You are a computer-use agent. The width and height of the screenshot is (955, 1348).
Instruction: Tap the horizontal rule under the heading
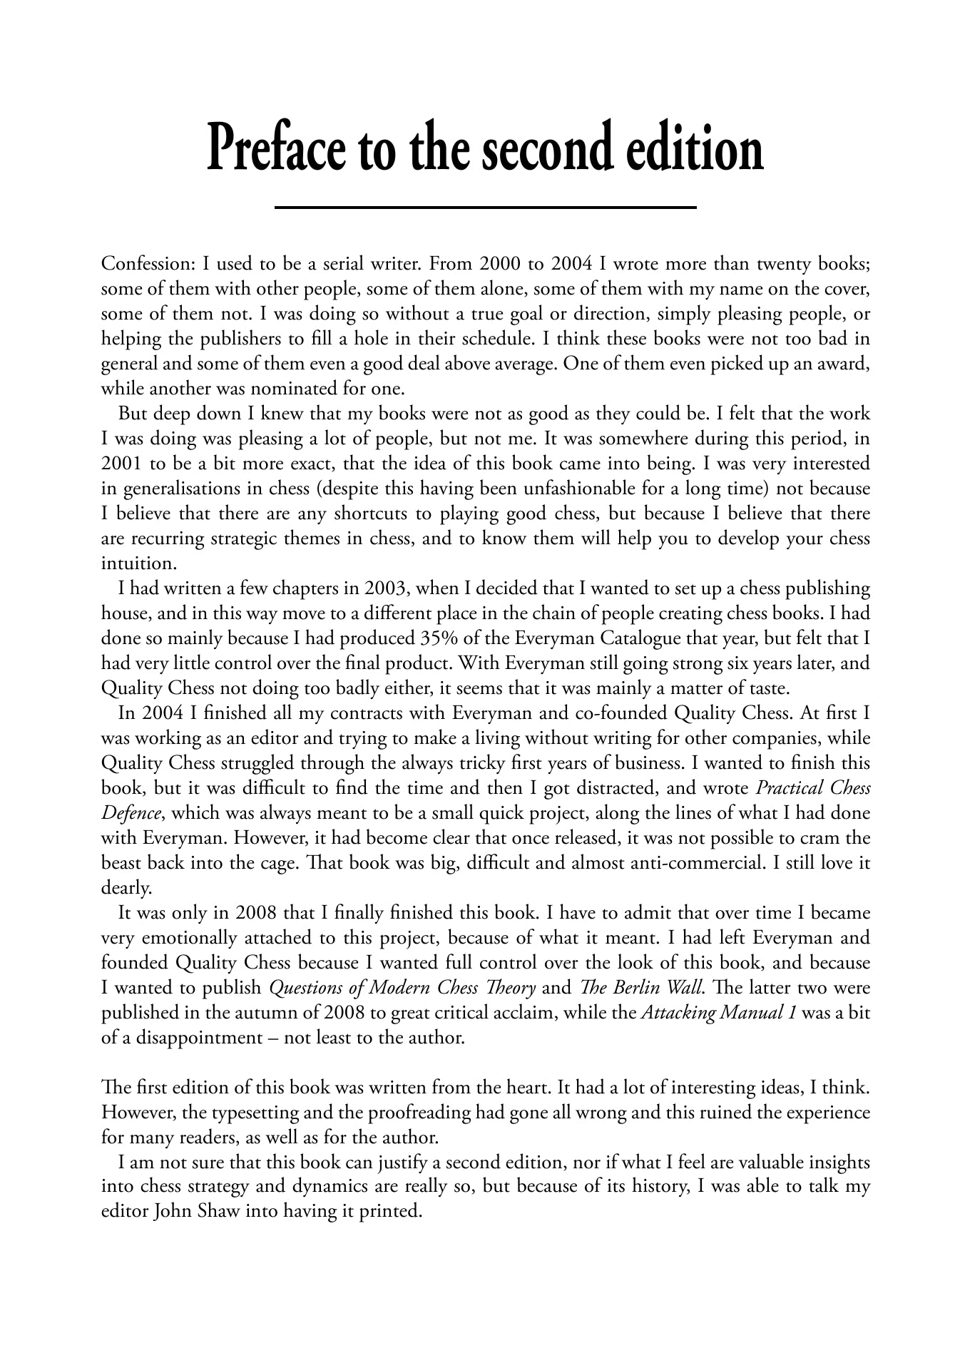click(485, 208)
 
